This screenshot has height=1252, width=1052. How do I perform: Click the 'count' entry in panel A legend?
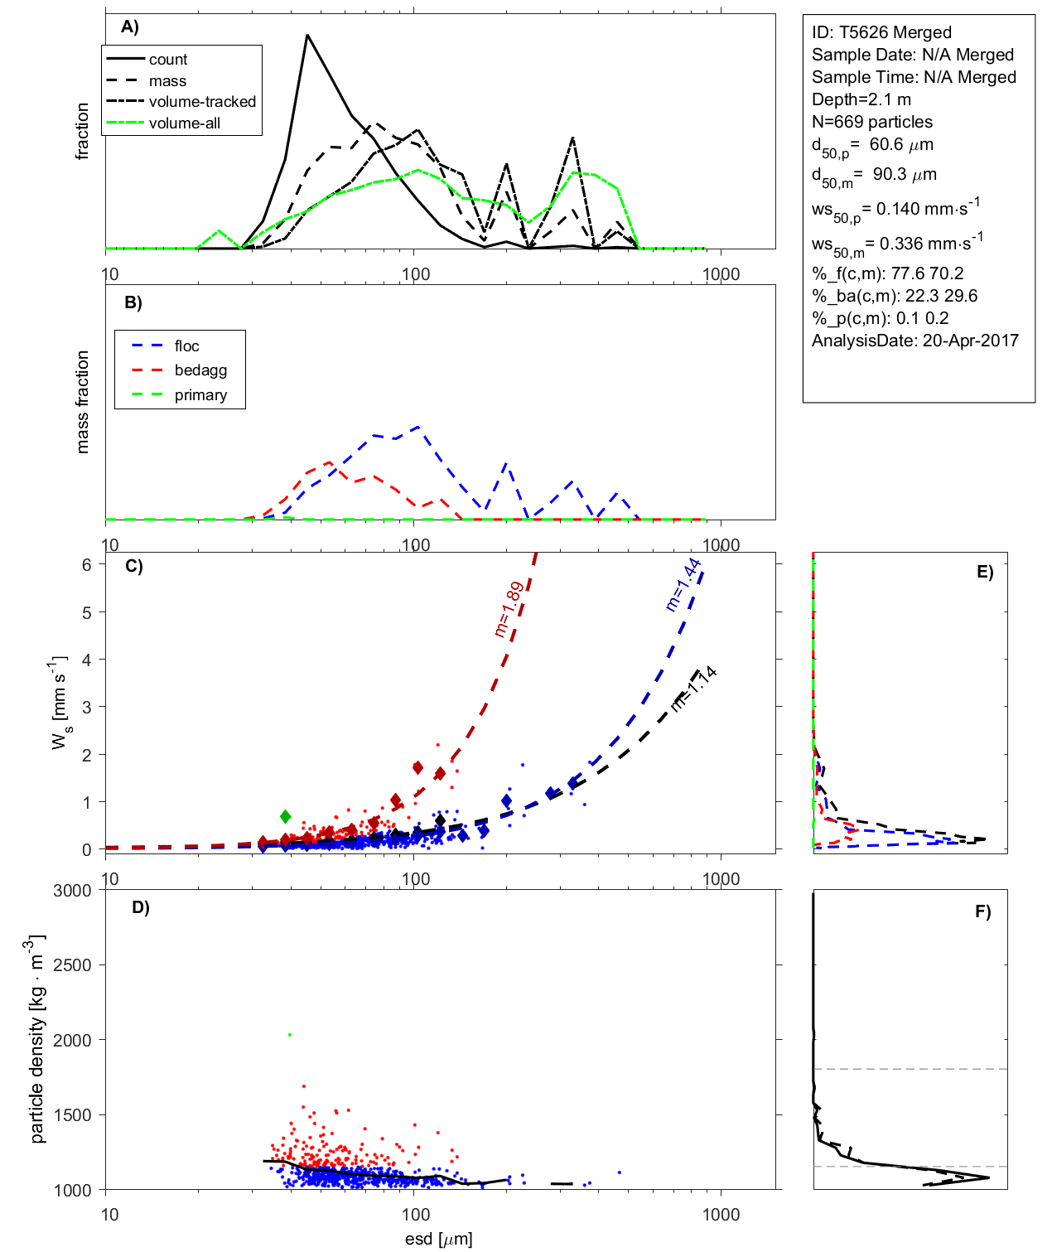click(168, 60)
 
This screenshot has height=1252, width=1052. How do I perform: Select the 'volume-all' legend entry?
click(184, 123)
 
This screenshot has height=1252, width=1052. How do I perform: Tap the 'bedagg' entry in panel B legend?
click(200, 370)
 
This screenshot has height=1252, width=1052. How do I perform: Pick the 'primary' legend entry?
click(200, 395)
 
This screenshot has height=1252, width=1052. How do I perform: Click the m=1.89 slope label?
click(509, 609)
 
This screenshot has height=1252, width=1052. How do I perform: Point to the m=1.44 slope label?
click(683, 585)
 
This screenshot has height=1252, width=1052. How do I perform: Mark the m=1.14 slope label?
click(693, 689)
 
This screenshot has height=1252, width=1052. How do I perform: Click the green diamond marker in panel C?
click(286, 817)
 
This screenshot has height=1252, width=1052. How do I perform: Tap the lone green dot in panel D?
click(289, 1035)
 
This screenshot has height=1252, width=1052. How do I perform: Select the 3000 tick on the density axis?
click(73, 891)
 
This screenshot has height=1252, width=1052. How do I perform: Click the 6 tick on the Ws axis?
click(87, 564)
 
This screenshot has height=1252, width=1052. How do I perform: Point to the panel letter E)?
click(984, 572)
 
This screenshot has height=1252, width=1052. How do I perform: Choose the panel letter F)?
click(982, 911)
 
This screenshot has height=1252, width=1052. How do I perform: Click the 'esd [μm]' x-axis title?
click(438, 1239)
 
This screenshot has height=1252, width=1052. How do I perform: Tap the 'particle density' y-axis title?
click(37, 1040)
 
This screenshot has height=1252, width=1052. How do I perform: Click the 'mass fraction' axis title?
click(82, 402)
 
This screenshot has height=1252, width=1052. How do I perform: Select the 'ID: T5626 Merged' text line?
click(881, 32)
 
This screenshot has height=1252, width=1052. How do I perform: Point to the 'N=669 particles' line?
click(871, 122)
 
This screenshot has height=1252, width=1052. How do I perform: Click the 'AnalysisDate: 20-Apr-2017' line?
click(914, 341)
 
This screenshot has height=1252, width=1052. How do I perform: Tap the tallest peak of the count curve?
click(306, 36)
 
